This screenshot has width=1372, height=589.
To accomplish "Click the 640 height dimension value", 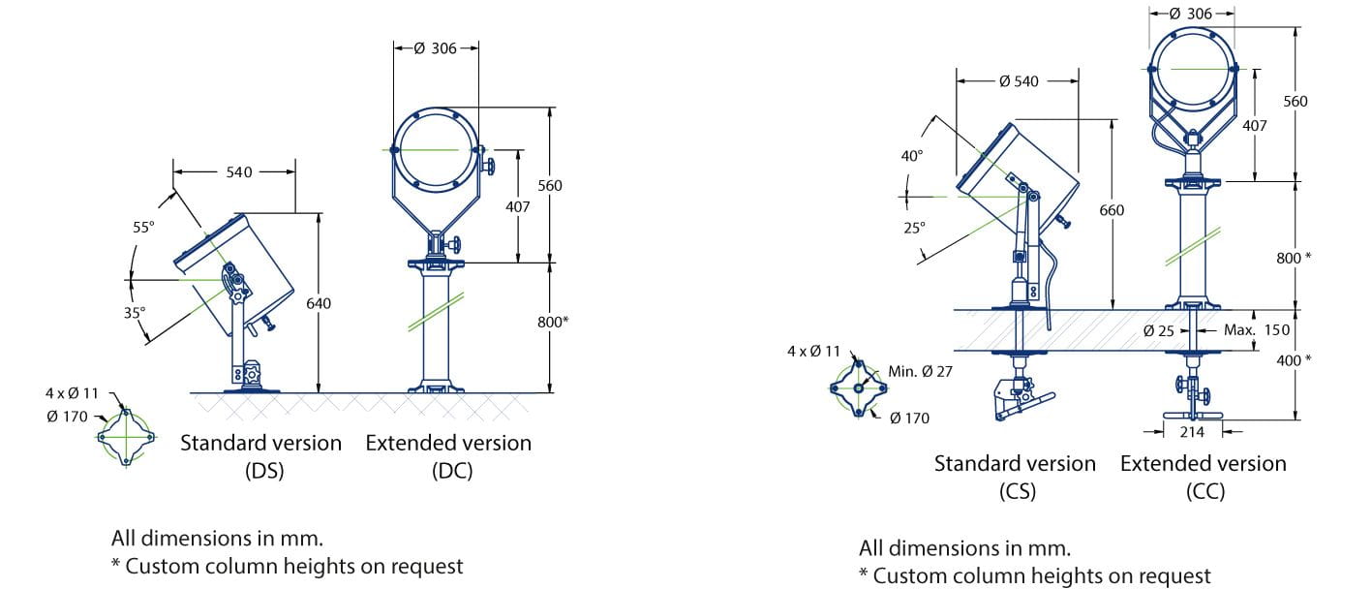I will click(x=319, y=303).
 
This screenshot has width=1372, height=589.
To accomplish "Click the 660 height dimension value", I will click(x=1112, y=210).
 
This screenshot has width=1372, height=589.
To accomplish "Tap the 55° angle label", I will click(x=143, y=227).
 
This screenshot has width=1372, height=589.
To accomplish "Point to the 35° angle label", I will click(x=134, y=313).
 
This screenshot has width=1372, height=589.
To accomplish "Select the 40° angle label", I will click(x=911, y=155).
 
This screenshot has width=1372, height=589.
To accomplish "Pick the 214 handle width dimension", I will click(x=1191, y=432).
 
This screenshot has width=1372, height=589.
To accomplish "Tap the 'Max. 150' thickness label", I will click(x=1257, y=330).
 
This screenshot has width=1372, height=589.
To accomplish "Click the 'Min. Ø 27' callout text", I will click(x=921, y=371).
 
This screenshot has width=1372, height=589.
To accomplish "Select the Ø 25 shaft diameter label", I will click(x=1160, y=330).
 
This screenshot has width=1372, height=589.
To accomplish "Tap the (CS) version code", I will click(x=1017, y=491).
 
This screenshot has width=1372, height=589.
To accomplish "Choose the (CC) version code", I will click(x=1204, y=491).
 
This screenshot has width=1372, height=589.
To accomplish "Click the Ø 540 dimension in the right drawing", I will click(x=1019, y=81).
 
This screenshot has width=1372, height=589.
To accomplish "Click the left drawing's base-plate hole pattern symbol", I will click(x=126, y=437).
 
